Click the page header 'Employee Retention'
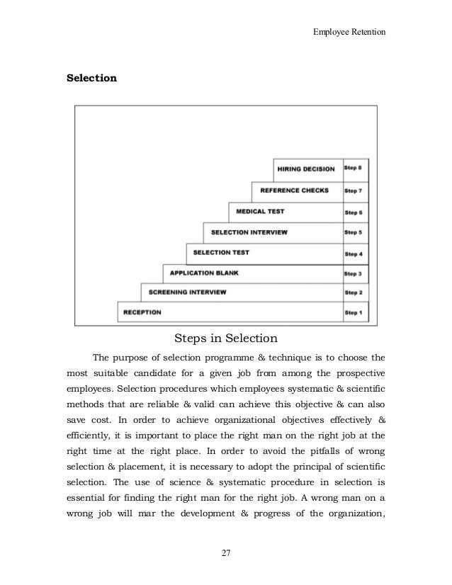point(349,32)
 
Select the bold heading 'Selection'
point(91,78)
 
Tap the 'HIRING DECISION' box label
point(306,169)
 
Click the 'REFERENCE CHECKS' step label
point(295,190)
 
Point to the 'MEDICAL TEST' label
point(260,211)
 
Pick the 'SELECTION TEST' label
point(221,252)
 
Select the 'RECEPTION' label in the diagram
point(142,312)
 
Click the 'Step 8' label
point(354,169)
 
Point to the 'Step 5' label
point(354,232)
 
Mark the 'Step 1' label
point(354,312)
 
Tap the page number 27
point(225,553)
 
